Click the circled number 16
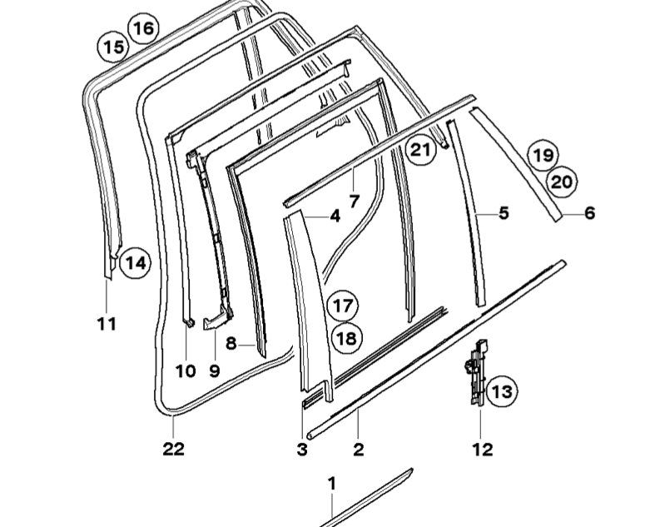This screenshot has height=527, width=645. tap(144, 28)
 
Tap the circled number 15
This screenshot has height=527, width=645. tap(113, 47)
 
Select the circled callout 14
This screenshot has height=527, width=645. tap(136, 262)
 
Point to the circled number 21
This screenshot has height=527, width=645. tap(420, 150)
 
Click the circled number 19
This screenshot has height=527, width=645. tap(543, 155)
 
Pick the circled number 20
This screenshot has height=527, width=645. tap(562, 181)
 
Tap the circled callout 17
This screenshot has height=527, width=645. tap(343, 306)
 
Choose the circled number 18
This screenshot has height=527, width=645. tap(346, 338)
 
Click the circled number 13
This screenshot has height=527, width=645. tap(502, 391)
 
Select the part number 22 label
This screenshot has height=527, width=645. tap(173, 449)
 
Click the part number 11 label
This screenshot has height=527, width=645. tap(107, 324)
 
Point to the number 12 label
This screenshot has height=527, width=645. tap(483, 450)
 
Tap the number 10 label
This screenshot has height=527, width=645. tap(186, 371)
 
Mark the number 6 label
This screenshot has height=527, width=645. tap(590, 213)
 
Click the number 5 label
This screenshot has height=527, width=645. tap(504, 213)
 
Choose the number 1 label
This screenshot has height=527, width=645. tap(332, 484)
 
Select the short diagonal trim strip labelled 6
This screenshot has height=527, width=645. tap(516, 164)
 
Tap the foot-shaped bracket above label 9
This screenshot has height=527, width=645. tap(216, 319)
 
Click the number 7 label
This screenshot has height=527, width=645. tap(355, 201)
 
